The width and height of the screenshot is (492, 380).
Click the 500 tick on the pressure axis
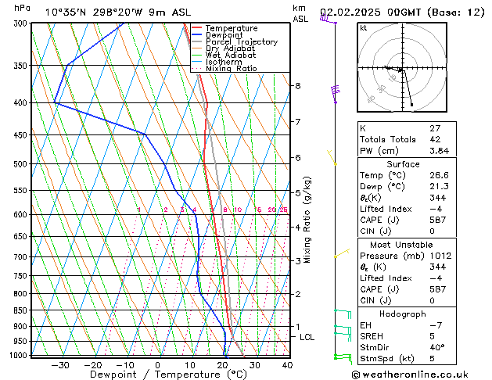21,164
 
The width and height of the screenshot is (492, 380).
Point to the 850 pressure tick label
21,310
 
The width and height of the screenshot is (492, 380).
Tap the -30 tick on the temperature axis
60,365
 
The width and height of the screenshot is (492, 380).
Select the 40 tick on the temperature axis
287,365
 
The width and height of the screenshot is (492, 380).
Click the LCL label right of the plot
307,337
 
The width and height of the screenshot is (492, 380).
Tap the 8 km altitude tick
298,85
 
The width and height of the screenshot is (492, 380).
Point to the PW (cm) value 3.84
440,151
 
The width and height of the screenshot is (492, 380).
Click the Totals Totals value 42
435,139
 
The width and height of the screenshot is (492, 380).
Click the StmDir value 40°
437,347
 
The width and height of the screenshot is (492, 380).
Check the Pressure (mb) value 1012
440,256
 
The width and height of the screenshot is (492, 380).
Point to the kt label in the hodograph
364,28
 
